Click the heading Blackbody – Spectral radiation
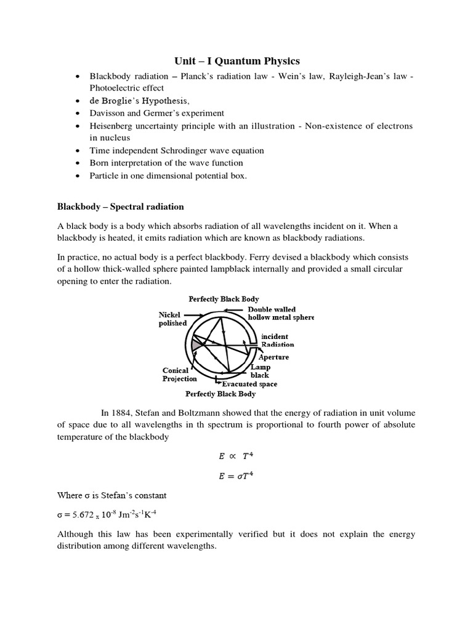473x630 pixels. coord(120,206)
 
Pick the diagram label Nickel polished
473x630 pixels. coord(172,319)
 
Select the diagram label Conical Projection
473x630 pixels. coord(180,375)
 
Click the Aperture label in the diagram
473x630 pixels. coord(273,357)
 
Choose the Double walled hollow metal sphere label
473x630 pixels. coord(280,313)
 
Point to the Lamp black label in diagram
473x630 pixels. coord(260,371)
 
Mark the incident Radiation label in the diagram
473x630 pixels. coord(277,341)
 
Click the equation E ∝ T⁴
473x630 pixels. coord(236,457)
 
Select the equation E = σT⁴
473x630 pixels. coord(236,475)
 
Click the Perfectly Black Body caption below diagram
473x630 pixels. coord(220,394)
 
